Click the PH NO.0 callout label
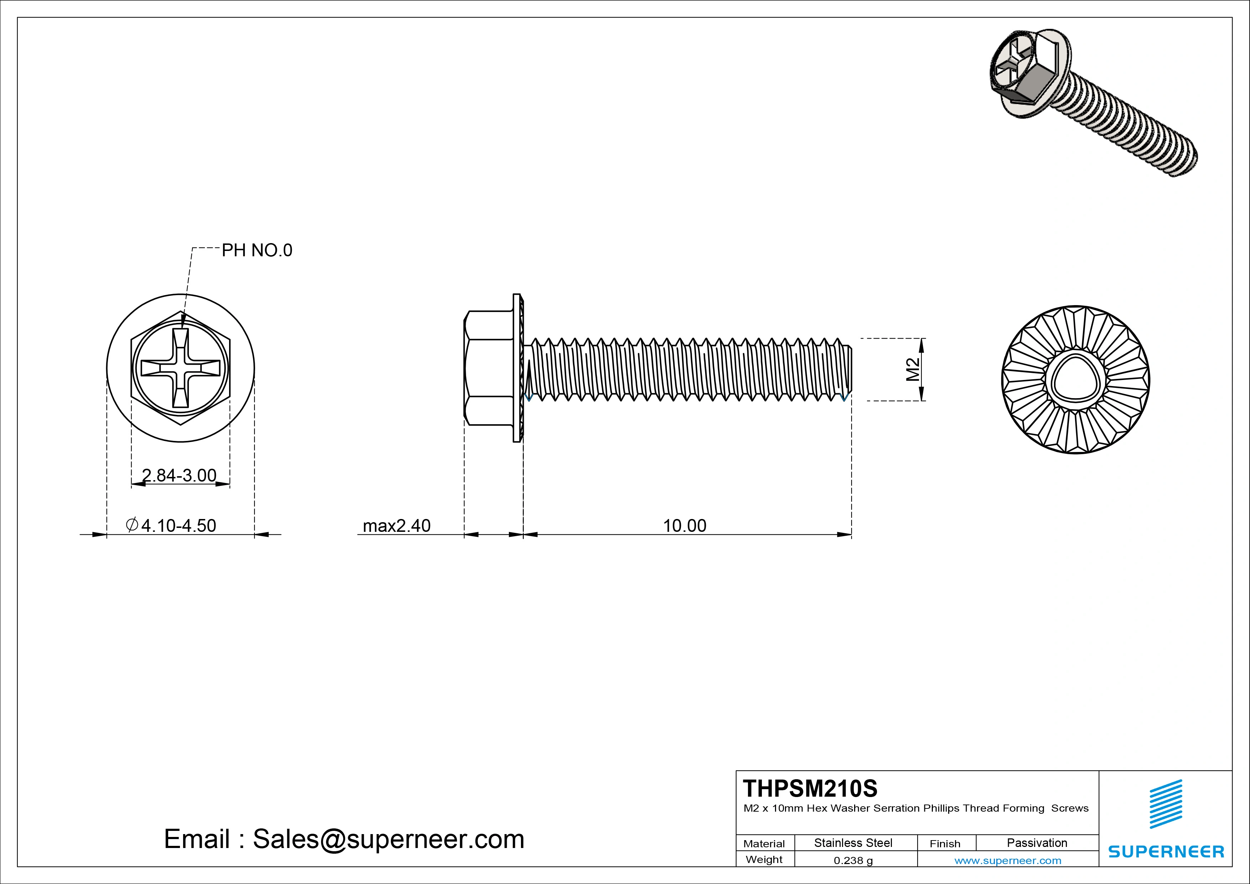257,251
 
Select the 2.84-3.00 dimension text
179,476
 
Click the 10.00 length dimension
685,526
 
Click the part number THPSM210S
810,788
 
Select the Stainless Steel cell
853,843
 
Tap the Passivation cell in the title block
1037,843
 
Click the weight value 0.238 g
853,860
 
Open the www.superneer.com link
1008,860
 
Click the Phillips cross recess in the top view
181,368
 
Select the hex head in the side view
489,368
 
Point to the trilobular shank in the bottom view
1075,380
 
